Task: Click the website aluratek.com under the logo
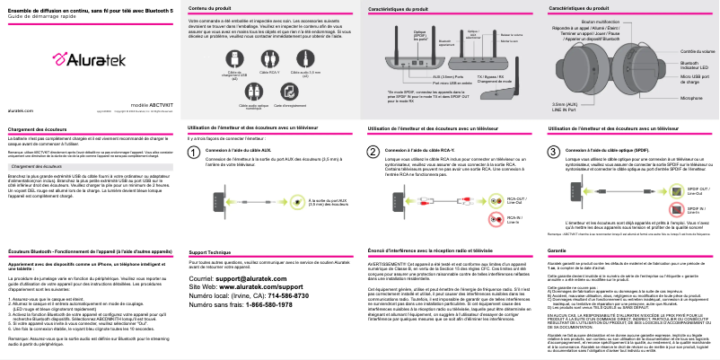(x=21, y=109)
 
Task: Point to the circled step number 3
(x=553, y=153)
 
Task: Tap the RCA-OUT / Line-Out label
(x=518, y=199)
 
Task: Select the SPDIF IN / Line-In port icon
(x=673, y=209)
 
